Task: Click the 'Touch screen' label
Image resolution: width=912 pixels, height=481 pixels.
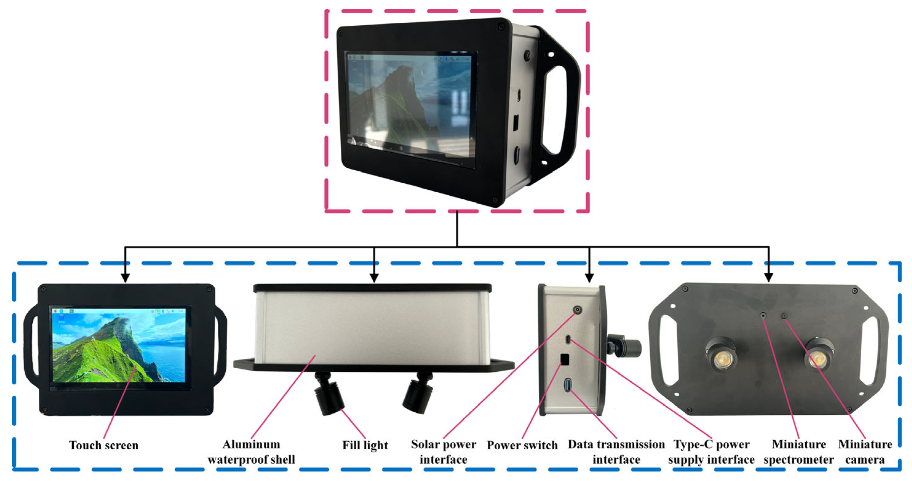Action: (x=103, y=445)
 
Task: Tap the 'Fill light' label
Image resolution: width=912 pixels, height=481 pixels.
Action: (x=365, y=445)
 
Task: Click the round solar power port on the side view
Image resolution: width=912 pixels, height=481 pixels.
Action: (x=577, y=310)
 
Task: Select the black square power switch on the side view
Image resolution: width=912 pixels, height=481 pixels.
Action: (x=565, y=359)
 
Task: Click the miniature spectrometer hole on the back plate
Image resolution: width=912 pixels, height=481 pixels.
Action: (x=763, y=315)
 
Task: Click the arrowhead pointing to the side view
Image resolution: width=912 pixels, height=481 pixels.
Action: (x=589, y=278)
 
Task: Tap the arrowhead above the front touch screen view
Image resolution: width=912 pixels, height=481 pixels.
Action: (x=125, y=278)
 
